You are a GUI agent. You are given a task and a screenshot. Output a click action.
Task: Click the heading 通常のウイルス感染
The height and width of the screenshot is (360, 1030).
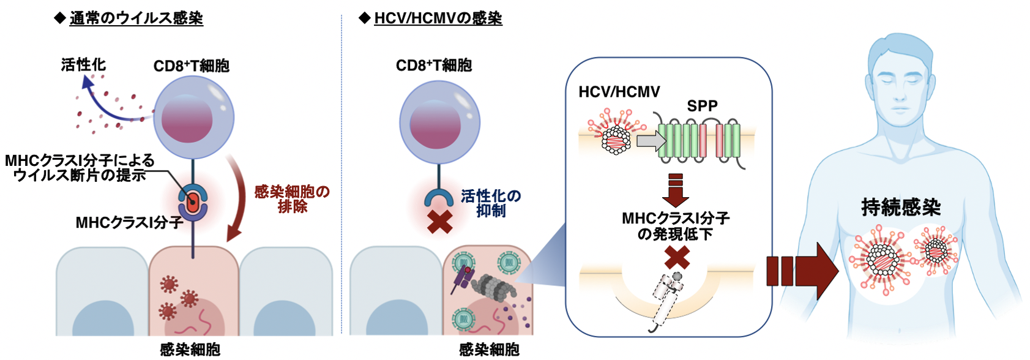[x=136, y=18]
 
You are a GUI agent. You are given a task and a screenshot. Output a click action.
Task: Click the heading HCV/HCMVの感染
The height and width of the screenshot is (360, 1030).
[x=438, y=18]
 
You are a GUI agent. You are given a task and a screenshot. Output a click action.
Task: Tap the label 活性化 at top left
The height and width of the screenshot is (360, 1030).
[x=83, y=65]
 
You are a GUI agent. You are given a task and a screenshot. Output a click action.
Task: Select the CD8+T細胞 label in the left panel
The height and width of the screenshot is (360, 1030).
[x=191, y=66]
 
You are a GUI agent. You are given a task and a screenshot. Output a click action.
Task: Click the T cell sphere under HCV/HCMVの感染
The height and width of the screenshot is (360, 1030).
[x=439, y=122]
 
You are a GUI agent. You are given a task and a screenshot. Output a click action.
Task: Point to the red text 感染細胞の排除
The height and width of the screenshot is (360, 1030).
[x=292, y=199]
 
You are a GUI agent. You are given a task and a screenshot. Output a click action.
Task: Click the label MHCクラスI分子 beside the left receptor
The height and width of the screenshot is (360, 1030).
[x=129, y=223]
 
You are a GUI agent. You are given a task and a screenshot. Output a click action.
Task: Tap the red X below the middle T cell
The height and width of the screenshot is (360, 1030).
[x=439, y=222]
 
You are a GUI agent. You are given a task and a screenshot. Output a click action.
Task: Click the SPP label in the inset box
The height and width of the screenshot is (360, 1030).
[x=702, y=106]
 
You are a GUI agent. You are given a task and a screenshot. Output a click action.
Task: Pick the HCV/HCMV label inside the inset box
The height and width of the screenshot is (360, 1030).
[x=619, y=92]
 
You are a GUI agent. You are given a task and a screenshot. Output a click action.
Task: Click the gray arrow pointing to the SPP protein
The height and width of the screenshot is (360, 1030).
[x=651, y=141]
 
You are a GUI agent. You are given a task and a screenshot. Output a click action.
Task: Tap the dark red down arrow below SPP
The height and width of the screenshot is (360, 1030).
[x=675, y=190]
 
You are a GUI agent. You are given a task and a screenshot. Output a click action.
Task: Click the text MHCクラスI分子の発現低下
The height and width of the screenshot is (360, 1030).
[x=675, y=226]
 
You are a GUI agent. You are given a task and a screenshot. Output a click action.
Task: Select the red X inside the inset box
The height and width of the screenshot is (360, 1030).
[x=677, y=258]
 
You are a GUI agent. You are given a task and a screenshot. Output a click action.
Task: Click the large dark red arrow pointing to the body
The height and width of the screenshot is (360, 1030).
[x=802, y=271]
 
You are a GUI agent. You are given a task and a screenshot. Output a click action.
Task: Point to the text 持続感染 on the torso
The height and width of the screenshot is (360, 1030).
[x=900, y=208]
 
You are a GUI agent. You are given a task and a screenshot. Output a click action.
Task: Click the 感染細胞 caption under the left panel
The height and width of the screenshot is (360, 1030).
[x=190, y=350]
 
